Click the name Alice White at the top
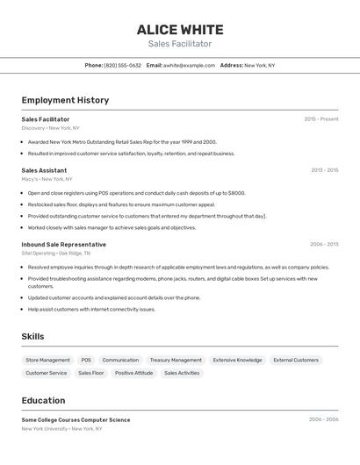coord(180,30)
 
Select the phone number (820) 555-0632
coord(122,65)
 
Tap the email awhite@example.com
coord(189,65)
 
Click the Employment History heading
coord(65,100)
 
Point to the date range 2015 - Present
coord(320,119)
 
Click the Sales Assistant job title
coord(44,170)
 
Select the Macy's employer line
coord(47,179)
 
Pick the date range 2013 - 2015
coord(324,170)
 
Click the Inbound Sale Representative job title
coord(63,245)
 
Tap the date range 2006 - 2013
coord(324,245)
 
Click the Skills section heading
coord(32,336)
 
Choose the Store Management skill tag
coord(47,360)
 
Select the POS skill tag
coord(86,360)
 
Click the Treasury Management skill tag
coord(176,360)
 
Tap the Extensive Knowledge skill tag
coord(237,360)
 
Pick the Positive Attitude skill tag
coord(133,373)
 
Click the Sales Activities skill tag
coord(182,373)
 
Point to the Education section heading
coord(43,400)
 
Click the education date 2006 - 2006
coord(323,419)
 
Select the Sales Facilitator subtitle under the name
coord(180,44)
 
